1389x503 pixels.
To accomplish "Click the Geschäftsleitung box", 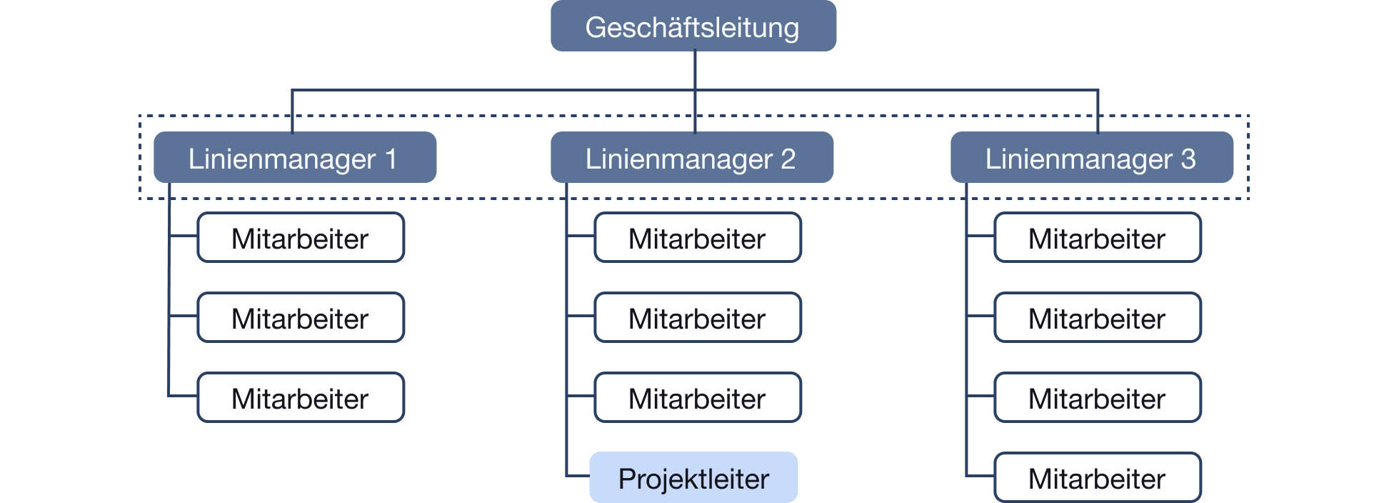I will point(693,26).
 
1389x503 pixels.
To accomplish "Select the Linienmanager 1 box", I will point(294,158).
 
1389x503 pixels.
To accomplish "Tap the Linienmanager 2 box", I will point(691,158).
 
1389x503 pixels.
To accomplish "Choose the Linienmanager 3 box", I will point(1091,158).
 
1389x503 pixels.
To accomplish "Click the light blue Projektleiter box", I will point(693,478).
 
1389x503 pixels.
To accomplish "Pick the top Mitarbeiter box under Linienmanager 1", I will point(301,238).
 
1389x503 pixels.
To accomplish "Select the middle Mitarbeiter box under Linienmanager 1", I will point(301,318).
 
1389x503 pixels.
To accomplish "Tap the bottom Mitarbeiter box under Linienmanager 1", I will point(301,398).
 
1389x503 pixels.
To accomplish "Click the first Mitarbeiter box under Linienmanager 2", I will point(698,238).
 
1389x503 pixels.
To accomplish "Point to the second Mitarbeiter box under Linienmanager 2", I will point(698,318).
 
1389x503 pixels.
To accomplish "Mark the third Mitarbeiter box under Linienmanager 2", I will point(698,398).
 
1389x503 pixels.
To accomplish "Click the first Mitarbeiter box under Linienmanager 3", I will point(1098,238).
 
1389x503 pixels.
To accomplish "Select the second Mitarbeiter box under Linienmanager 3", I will point(1098,318).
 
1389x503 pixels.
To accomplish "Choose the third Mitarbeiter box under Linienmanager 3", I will point(1098,398).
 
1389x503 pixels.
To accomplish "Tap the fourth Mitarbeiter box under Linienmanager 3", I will point(1098,478).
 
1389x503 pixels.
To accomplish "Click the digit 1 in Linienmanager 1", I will point(391,159).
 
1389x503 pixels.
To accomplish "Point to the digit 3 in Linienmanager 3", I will point(1188,159).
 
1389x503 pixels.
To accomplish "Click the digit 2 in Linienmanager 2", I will point(788,159).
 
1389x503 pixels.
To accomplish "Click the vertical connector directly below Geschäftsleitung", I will point(695,70).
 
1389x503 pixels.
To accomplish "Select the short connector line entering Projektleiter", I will point(577,476).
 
